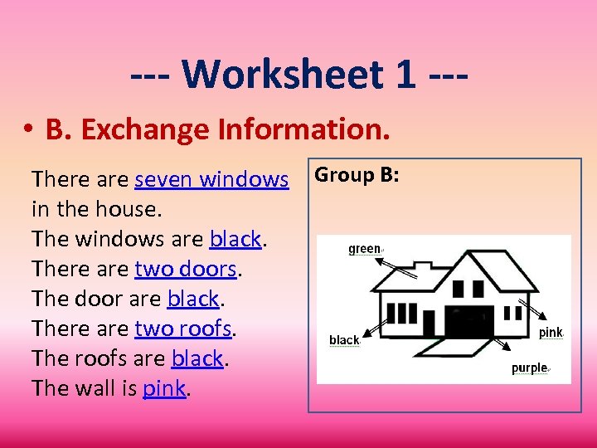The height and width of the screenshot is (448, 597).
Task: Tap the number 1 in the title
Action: tap(405, 74)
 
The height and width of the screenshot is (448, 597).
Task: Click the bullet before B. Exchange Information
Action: tap(28, 130)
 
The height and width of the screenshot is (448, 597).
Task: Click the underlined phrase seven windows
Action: tap(211, 178)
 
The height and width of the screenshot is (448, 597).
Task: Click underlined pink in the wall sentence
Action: tap(164, 387)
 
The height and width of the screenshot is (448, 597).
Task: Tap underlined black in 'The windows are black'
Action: tap(236, 238)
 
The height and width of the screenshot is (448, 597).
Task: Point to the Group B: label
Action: tap(357, 175)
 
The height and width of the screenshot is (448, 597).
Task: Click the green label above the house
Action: tap(364, 248)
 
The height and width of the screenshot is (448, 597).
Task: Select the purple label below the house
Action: tap(529, 368)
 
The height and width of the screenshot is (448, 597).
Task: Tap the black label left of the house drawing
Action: tap(344, 339)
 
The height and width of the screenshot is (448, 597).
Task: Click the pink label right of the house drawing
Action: tap(551, 332)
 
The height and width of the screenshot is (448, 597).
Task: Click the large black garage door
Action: tap(469, 321)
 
